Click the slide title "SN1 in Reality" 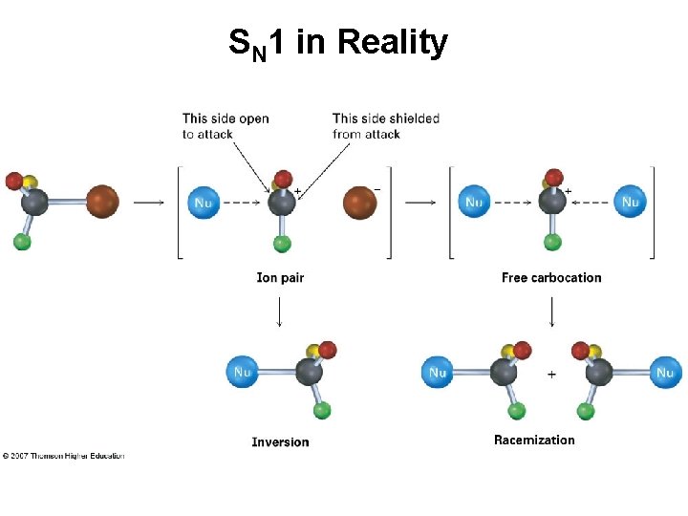tap(337, 43)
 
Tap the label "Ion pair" tap(280, 278)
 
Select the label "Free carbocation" tap(551, 278)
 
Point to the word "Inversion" tap(280, 441)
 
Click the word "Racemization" tap(534, 441)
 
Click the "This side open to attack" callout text tap(226, 126)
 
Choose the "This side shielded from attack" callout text tap(386, 126)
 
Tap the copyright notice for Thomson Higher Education tap(63, 456)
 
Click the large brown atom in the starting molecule tap(103, 202)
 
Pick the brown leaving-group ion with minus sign tap(359, 203)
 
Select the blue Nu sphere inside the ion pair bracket tap(204, 203)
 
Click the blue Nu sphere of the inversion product tap(242, 372)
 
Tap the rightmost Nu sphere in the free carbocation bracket tap(630, 202)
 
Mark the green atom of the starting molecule tap(22, 242)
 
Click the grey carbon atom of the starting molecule tap(35, 202)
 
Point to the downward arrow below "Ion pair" tap(279, 311)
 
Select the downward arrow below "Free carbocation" tap(552, 311)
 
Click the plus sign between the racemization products tap(551, 375)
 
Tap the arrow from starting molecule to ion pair tap(147, 203)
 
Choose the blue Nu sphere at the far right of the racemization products tap(665, 373)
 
